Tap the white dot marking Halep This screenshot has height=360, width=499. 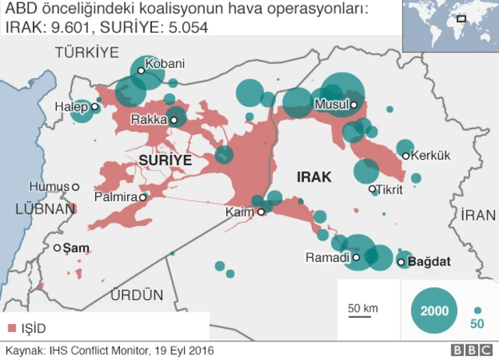tap(94, 107)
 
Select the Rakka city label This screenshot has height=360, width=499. tap(149, 120)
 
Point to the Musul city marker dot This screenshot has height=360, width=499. tap(353, 104)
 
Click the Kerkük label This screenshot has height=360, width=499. tap(431, 155)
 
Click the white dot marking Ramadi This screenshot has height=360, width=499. tap(356, 257)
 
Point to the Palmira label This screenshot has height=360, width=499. tap(115, 198)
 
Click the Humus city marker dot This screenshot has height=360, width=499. tap(76, 186)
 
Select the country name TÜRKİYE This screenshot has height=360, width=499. tap(86, 52)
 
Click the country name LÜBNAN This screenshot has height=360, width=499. tap(39, 208)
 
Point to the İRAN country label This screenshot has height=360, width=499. tap(478, 215)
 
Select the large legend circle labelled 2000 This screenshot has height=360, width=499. tap(434, 310)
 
